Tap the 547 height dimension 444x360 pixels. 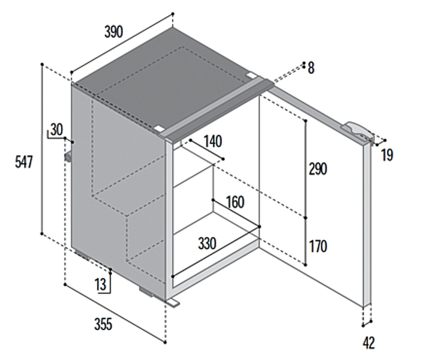point(23,161)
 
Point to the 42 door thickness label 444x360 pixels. point(369,343)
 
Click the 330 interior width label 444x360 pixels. point(207,244)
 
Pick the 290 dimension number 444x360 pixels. point(318,170)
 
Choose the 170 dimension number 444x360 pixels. point(318,246)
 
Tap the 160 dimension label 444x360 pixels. point(235,202)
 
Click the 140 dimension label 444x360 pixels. point(212,142)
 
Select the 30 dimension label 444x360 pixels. point(56,130)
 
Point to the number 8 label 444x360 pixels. point(311,68)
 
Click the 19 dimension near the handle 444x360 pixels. point(387,156)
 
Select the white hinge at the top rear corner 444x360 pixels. point(251,76)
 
